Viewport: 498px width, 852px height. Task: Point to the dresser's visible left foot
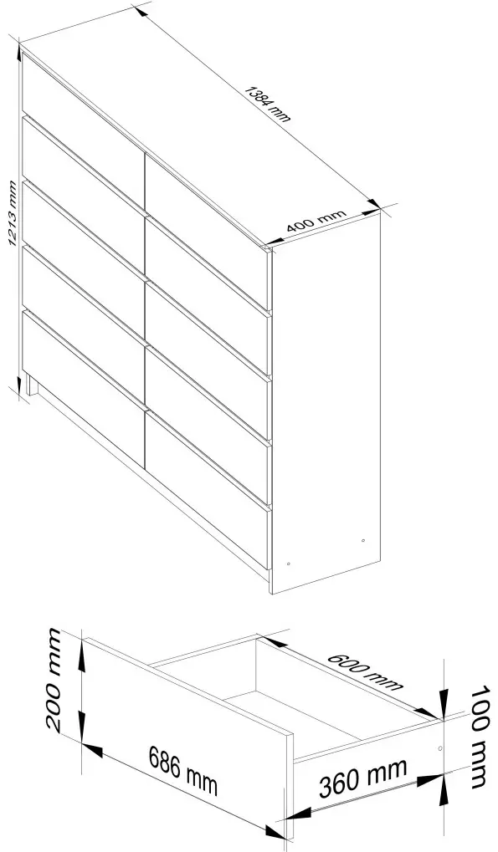(32, 386)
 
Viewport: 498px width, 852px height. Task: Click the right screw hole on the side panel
(362, 541)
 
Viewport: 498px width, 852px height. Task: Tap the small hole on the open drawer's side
(441, 746)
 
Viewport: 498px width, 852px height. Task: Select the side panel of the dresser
(326, 401)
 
